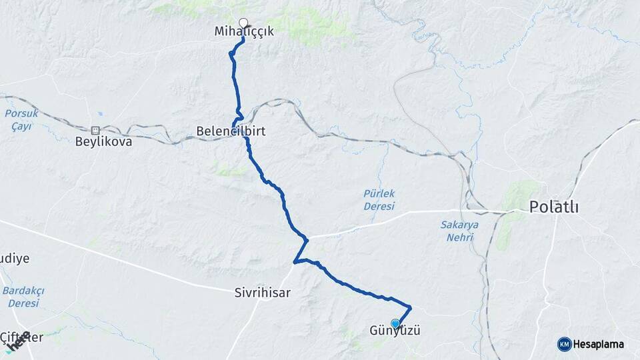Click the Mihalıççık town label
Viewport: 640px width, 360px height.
244,31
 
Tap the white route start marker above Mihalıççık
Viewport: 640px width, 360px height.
243,22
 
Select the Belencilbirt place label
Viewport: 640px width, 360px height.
231,131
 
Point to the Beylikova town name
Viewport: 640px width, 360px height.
103,142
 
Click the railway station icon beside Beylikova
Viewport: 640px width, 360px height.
95,130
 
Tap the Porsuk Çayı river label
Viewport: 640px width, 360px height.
21,120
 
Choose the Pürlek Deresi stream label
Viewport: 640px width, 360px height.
379,199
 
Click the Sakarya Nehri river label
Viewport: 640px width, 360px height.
459,230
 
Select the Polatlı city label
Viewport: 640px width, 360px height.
553,207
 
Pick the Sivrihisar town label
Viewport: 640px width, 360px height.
263,292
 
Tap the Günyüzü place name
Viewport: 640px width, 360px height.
395,331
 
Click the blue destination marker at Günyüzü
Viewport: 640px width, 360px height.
395,324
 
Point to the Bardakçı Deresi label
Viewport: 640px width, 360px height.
23,296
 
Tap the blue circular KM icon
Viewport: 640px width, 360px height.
565,344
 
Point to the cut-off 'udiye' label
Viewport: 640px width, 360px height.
14,259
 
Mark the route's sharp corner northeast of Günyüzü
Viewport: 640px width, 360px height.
410,307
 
